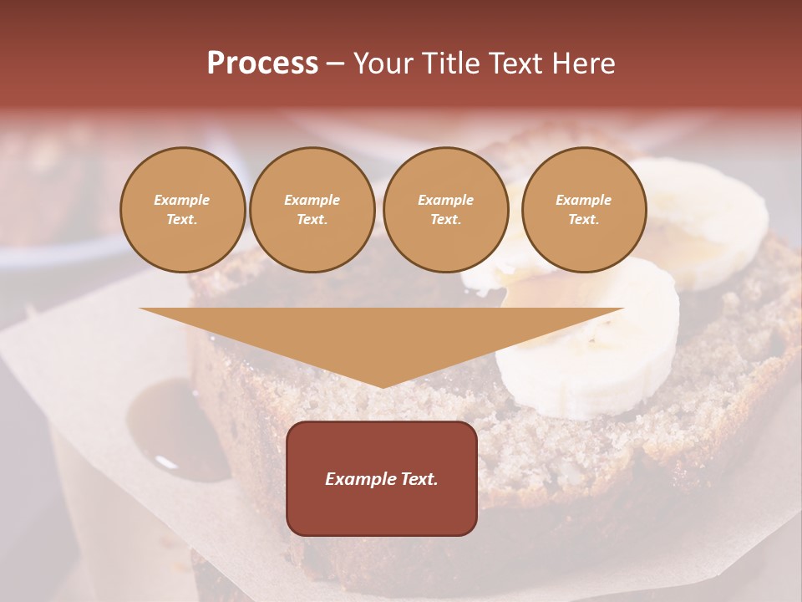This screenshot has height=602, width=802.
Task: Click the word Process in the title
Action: coord(262,64)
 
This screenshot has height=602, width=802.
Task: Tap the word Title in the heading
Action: coord(450,64)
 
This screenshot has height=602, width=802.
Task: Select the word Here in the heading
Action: coord(584,64)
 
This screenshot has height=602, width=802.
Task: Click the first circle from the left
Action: coord(182,210)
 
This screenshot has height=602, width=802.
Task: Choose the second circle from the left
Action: coord(312,210)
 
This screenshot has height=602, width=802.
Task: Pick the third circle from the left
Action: coord(445,210)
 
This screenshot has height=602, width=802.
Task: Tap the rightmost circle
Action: coord(583,210)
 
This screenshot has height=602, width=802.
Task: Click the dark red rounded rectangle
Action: coord(382,510)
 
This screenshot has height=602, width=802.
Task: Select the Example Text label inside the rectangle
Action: coord(382,479)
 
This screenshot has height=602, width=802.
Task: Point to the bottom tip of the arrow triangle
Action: coord(382,386)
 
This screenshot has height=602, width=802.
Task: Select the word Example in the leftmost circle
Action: coord(182,200)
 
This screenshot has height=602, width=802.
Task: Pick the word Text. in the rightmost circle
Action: coord(583,220)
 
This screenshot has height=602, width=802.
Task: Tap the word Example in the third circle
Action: coord(445,200)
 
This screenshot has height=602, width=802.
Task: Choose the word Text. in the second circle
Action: coord(312,220)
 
